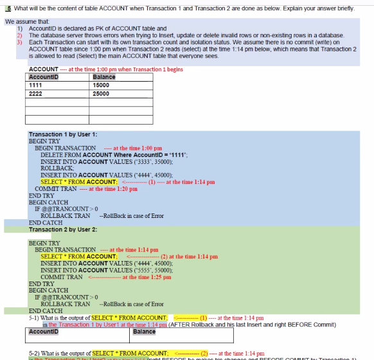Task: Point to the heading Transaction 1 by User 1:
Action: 63,134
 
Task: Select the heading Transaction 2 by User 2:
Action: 63,229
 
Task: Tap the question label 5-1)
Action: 35,318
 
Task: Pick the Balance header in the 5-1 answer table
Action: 145,332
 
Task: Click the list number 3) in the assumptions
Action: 19,42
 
